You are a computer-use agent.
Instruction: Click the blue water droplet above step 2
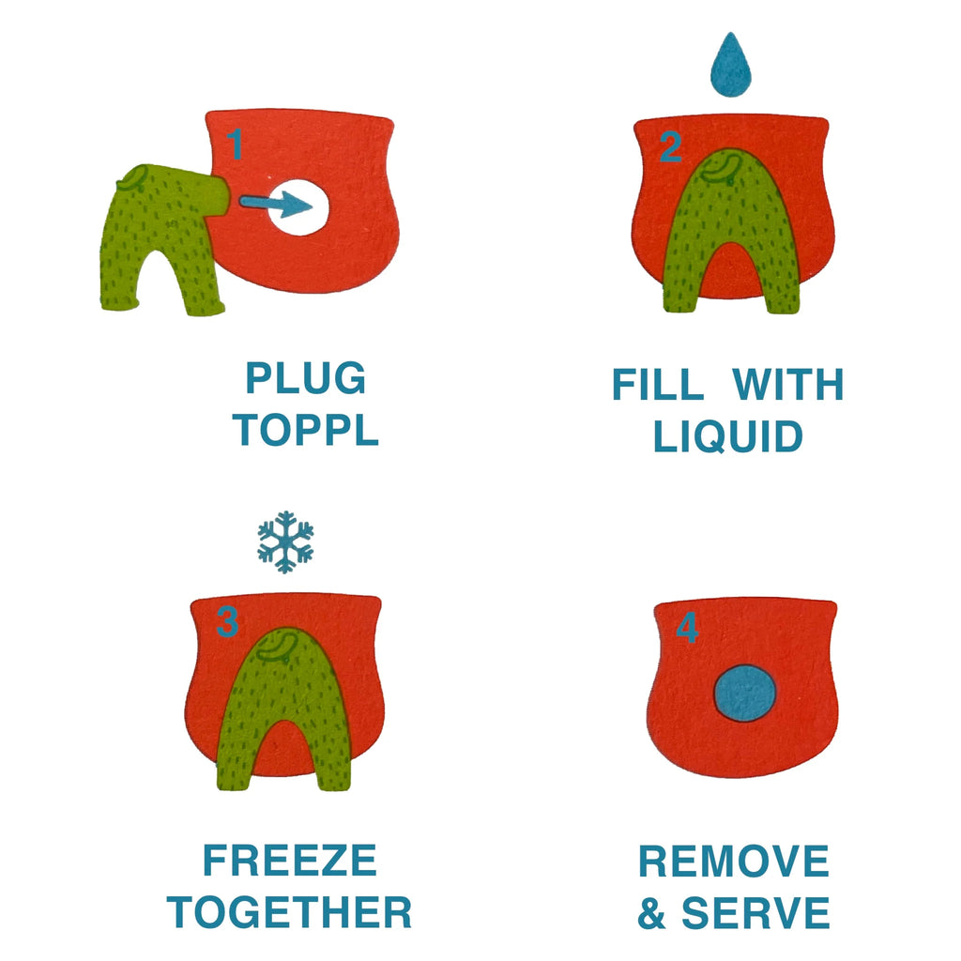(x=730, y=67)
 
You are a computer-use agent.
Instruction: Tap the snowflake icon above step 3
(x=285, y=542)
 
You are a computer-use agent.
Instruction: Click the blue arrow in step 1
(x=276, y=204)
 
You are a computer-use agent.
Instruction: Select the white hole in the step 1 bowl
(x=298, y=207)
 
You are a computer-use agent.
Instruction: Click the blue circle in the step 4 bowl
(x=744, y=694)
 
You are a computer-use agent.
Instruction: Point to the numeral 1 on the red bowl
(x=235, y=145)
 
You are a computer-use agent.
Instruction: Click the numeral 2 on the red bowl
(x=670, y=147)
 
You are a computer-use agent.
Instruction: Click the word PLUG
(x=306, y=377)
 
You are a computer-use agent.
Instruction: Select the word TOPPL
(x=305, y=429)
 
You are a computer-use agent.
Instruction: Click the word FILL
(x=658, y=384)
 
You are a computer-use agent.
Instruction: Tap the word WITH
(x=788, y=384)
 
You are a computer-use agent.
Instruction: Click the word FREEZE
(x=290, y=860)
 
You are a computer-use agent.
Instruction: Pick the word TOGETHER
(x=289, y=912)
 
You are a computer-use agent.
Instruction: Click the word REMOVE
(x=734, y=861)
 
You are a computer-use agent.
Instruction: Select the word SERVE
(x=755, y=912)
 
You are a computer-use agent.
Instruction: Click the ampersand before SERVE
(x=651, y=913)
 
